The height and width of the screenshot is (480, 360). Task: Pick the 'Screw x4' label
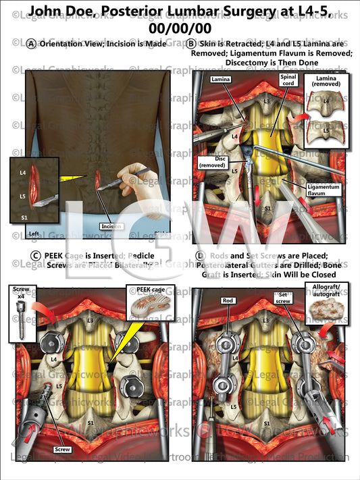pyautogui.click(x=20, y=292)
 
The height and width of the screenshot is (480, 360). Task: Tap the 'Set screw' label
pyautogui.click(x=282, y=298)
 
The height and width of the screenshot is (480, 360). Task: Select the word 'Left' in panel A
pyautogui.click(x=34, y=234)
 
